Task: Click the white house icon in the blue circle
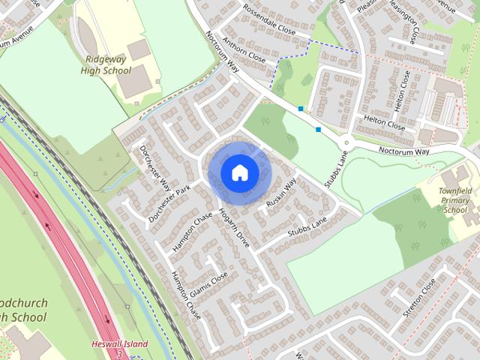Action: pyautogui.click(x=239, y=172)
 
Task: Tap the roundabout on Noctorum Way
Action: pyautogui.click(x=346, y=143)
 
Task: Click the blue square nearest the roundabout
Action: pyautogui.click(x=319, y=130)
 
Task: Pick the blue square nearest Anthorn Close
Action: pyautogui.click(x=301, y=109)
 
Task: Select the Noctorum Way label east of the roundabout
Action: pyautogui.click(x=403, y=151)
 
